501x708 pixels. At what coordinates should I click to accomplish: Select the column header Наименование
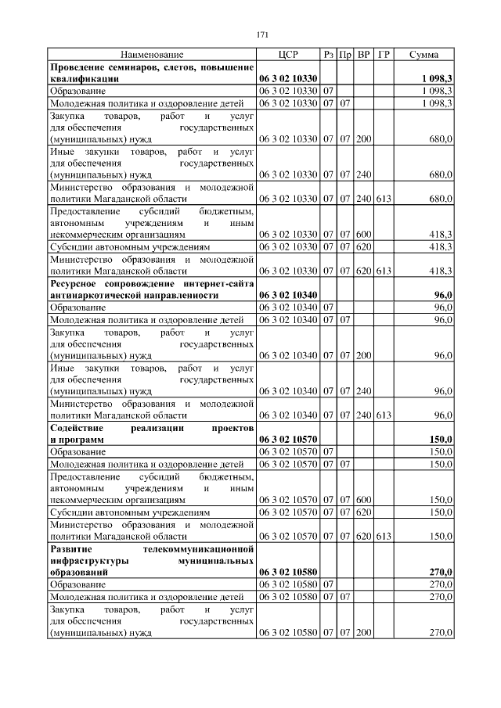152,55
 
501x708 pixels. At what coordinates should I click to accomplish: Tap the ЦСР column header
287,55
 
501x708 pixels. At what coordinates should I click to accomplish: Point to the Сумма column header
424,55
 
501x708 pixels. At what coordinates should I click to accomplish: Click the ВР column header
363,55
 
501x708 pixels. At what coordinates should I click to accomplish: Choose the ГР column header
384,55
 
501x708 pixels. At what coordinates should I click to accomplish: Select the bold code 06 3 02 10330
287,79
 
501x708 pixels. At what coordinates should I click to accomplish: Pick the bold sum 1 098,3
435,79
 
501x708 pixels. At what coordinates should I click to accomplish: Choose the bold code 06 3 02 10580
287,572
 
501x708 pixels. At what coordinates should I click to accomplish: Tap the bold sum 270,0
439,572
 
